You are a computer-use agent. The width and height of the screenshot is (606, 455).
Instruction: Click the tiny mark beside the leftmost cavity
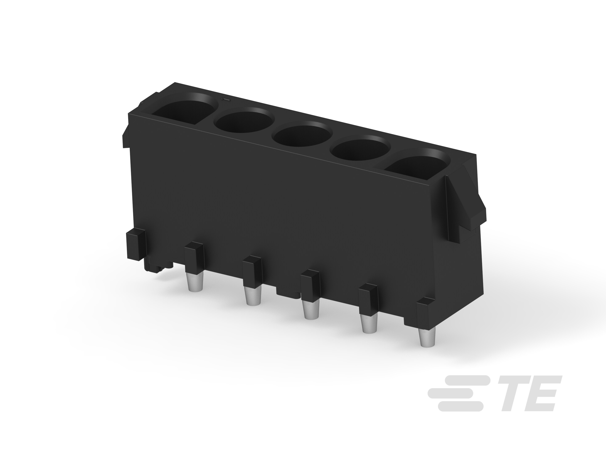[x=224, y=99]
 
